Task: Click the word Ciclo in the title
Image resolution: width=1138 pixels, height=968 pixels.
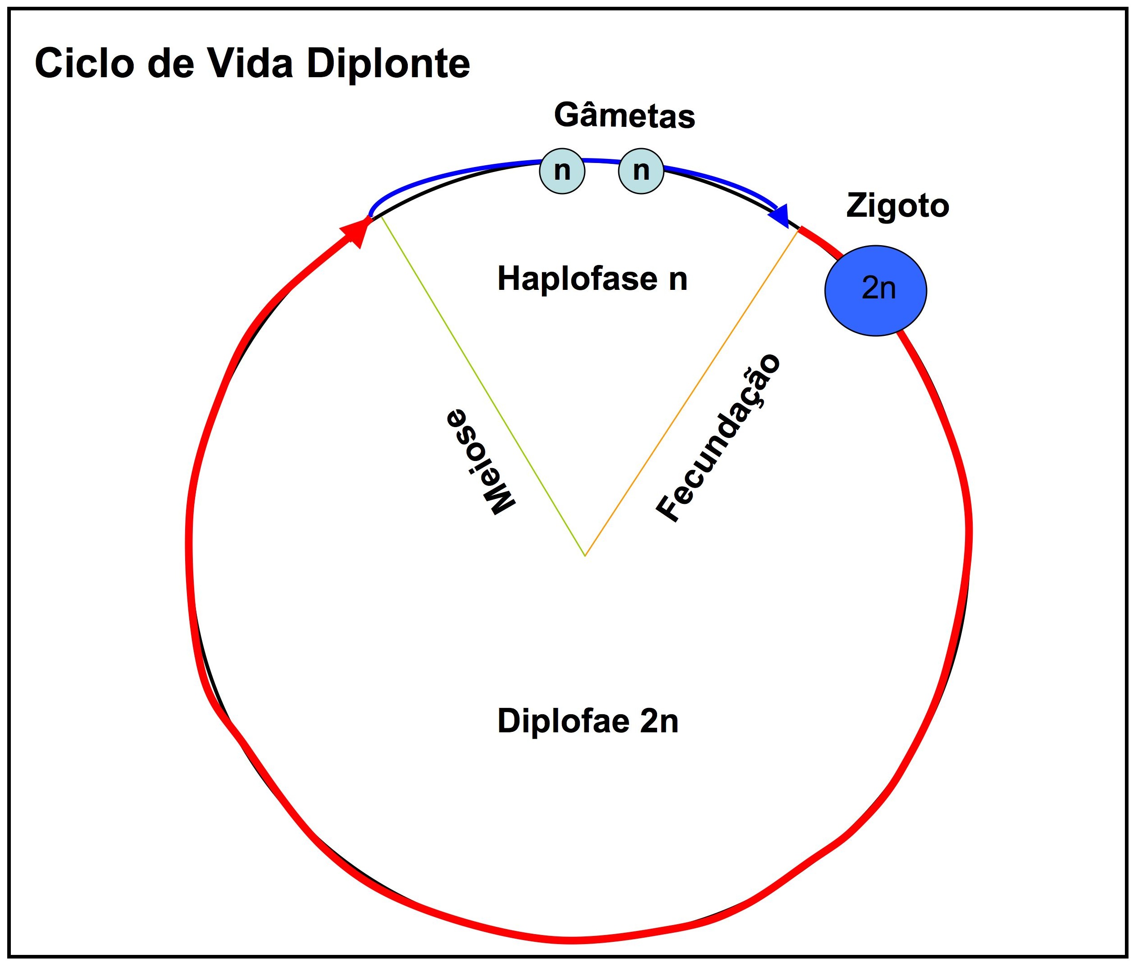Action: pyautogui.click(x=84, y=64)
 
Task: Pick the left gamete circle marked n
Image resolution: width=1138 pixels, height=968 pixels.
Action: pyautogui.click(x=562, y=171)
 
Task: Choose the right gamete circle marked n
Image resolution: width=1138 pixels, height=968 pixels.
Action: pyautogui.click(x=641, y=171)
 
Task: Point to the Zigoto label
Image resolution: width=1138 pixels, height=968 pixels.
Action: pyautogui.click(x=898, y=206)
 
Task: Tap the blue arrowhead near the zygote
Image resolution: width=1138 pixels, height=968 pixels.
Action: pyautogui.click(x=779, y=215)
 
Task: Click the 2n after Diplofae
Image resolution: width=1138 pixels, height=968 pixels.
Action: pyautogui.click(x=659, y=721)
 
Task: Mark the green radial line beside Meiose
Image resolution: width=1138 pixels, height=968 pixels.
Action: pyautogui.click(x=483, y=386)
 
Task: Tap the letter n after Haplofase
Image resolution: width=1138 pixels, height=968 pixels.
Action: pyautogui.click(x=678, y=279)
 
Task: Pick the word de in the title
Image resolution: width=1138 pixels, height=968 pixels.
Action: pyautogui.click(x=171, y=64)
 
